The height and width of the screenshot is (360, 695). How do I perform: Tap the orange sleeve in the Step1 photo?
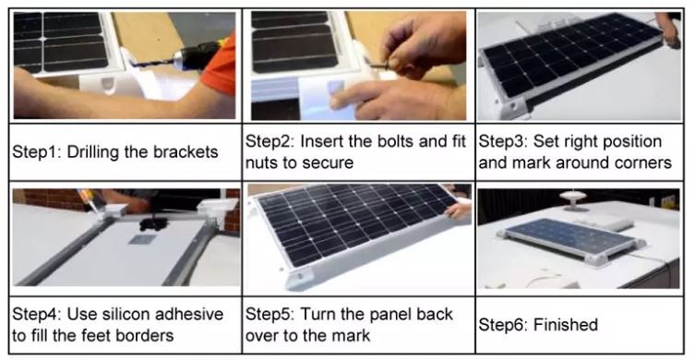pyautogui.click(x=221, y=66)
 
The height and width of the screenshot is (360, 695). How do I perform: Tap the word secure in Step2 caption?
pyautogui.click(x=327, y=162)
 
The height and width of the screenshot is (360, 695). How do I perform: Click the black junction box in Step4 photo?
pyautogui.click(x=153, y=223)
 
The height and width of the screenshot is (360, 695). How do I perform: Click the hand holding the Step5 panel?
pyautogui.click(x=458, y=210)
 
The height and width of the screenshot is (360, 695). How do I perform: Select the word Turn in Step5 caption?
pyautogui.click(x=317, y=314)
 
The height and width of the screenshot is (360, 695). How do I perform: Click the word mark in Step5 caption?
pyautogui.click(x=352, y=335)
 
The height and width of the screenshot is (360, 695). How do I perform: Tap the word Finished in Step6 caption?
pyautogui.click(x=566, y=325)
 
